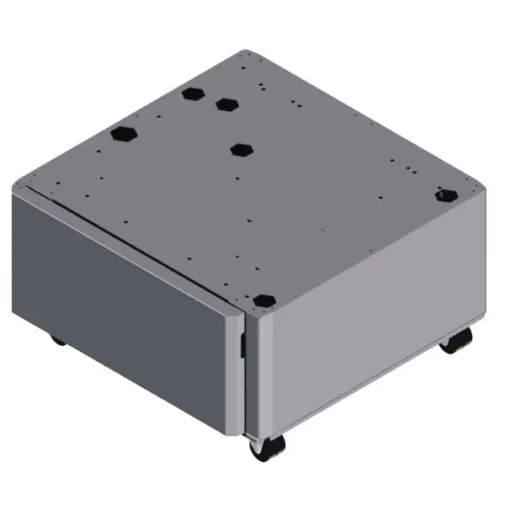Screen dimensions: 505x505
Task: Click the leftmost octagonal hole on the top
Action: pos(124,134)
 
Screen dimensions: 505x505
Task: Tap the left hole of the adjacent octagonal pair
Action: pos(193,92)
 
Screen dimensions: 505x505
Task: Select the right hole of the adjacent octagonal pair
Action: pos(226,104)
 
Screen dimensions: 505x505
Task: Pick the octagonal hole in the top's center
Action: pos(242,149)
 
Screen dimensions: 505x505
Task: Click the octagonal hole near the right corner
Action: pos(445,195)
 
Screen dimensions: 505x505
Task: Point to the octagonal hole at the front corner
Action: pos(264,300)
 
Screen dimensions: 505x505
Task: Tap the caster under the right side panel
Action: pos(456,341)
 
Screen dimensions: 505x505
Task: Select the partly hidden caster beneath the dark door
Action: pos(57,340)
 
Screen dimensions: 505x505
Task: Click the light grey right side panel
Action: pos(370,337)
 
